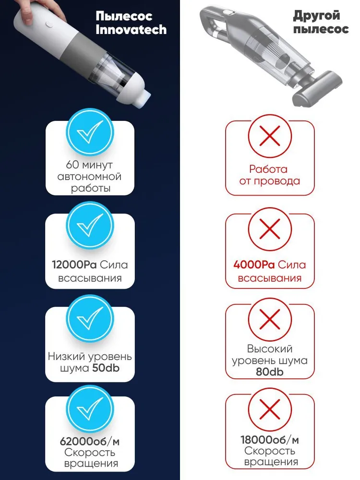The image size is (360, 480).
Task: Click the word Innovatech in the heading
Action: point(131,30)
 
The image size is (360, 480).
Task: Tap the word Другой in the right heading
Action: point(316,15)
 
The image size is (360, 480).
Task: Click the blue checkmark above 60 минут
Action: point(90,132)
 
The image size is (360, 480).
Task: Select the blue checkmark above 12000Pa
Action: point(90,225)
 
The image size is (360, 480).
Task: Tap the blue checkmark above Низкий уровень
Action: point(90,318)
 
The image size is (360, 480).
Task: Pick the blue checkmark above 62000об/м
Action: point(90,408)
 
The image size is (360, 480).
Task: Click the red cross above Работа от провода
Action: point(270,136)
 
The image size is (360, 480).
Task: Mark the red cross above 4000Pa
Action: point(270,228)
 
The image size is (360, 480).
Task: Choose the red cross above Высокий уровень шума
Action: point(270,319)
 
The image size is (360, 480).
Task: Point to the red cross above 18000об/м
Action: point(270,409)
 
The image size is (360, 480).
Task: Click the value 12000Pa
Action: point(74,265)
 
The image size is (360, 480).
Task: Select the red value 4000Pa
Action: point(254,265)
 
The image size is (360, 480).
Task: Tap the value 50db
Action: point(106,368)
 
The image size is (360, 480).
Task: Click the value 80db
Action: point(270,372)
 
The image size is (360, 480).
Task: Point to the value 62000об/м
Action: point(90,442)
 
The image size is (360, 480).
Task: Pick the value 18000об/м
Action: point(270,440)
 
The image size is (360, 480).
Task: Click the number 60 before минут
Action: point(72,165)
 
